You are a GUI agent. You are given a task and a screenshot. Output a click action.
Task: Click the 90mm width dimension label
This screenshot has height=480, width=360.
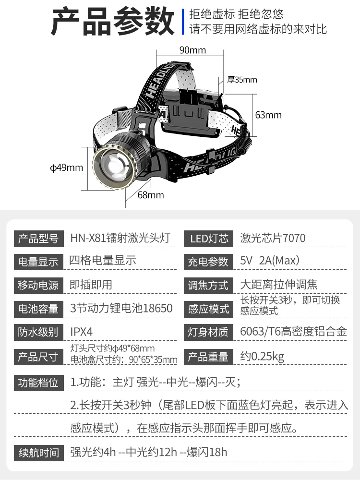point(192,50)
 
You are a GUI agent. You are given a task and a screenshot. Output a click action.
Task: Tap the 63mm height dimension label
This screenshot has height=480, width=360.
point(268,115)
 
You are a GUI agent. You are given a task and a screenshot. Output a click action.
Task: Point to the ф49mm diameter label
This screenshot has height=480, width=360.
point(67,168)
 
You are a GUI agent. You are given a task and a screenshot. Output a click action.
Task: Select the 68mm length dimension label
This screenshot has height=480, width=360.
point(151,195)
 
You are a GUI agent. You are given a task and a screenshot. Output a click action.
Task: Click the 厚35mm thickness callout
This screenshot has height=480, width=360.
point(242,80)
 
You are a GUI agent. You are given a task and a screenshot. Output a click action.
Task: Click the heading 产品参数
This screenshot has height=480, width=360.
point(113,22)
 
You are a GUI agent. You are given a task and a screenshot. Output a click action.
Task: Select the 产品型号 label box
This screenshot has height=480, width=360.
point(38,238)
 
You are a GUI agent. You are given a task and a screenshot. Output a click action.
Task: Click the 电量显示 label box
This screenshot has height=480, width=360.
point(38,262)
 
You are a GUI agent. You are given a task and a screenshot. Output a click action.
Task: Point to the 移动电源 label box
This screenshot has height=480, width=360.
point(38,285)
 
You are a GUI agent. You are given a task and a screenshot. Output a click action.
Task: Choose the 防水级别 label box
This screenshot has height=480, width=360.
point(38,332)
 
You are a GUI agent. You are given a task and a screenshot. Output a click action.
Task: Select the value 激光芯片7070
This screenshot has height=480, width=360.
point(273,238)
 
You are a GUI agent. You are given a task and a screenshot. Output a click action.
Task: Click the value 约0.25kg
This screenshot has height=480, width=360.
point(262,357)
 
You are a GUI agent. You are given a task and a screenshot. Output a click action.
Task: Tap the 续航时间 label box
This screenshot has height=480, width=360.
point(38,452)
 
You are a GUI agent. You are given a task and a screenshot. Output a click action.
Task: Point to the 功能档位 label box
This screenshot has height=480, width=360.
point(38,383)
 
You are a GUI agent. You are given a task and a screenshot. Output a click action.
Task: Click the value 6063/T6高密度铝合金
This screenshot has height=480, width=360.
point(293,332)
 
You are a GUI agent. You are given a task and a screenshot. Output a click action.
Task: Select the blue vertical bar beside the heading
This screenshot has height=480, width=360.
point(183,22)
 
